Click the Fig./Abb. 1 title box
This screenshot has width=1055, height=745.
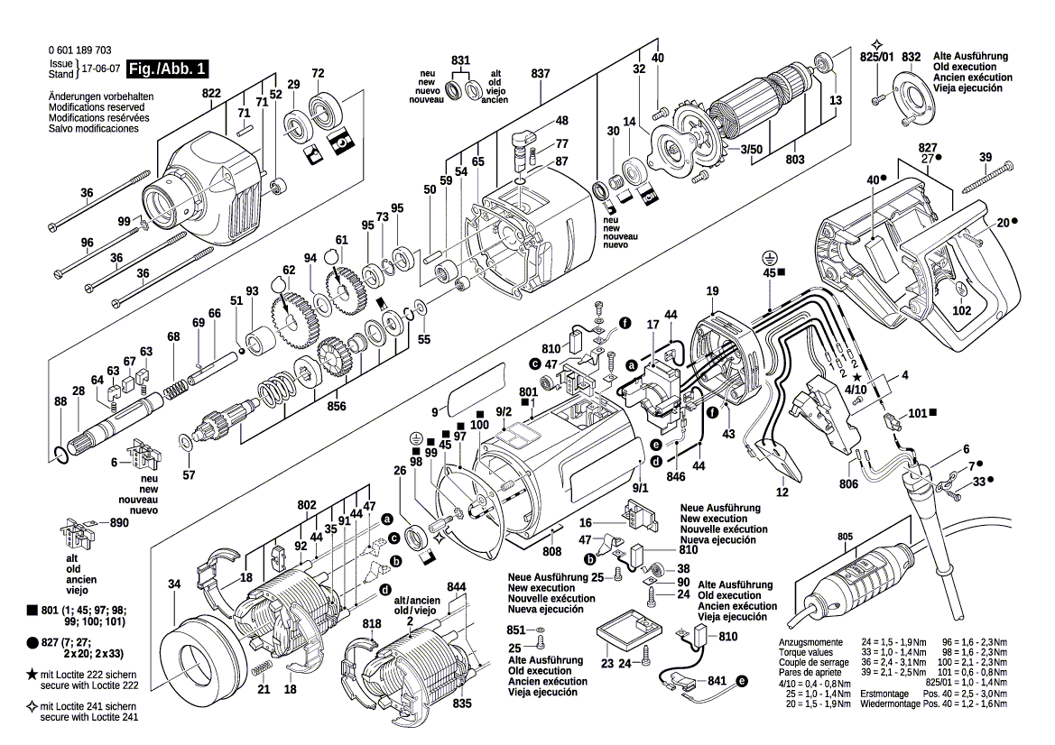pos(168,69)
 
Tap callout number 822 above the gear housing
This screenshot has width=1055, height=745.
pos(211,93)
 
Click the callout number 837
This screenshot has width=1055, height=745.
pos(541,72)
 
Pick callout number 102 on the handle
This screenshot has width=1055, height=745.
pos(962,310)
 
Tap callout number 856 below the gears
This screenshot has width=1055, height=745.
pos(337,406)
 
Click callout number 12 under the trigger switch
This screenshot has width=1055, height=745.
pos(782,492)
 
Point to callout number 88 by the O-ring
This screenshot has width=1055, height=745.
pos(60,401)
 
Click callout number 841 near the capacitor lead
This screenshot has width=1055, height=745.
pos(717,681)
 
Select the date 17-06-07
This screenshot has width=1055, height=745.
pos(100,69)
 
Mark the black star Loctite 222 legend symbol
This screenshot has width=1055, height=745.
pos(32,674)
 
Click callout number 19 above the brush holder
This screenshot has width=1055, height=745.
pos(712,290)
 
